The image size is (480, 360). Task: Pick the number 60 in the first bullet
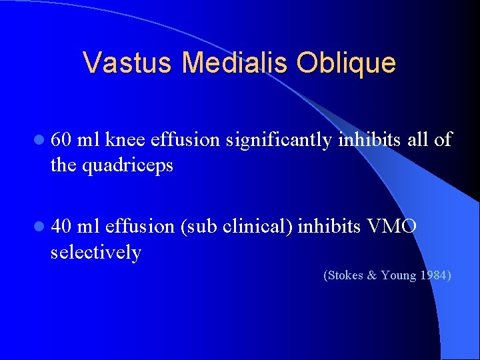pyautogui.click(x=61, y=140)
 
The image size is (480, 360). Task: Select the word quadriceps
pyautogui.click(x=126, y=165)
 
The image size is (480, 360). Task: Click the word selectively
pyautogui.click(x=96, y=253)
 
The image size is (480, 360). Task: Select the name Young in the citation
pyautogui.click(x=399, y=275)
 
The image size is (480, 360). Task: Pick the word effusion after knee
pyautogui.click(x=185, y=140)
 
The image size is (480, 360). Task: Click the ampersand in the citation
pyautogui.click(x=372, y=275)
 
